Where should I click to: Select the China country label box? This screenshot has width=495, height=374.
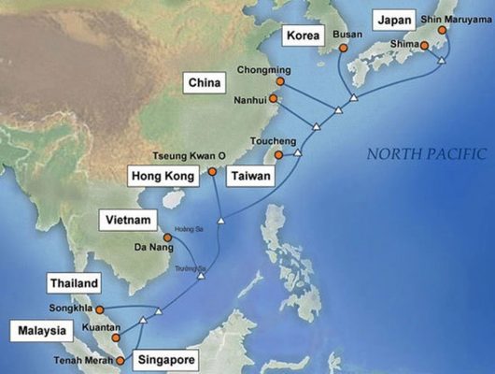click(208, 81)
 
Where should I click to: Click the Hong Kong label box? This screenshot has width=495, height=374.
click(163, 177)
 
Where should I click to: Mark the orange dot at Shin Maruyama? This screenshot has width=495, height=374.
click(444, 29)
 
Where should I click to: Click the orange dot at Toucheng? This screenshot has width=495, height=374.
click(277, 153)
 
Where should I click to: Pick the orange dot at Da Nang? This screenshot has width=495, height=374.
click(168, 237)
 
